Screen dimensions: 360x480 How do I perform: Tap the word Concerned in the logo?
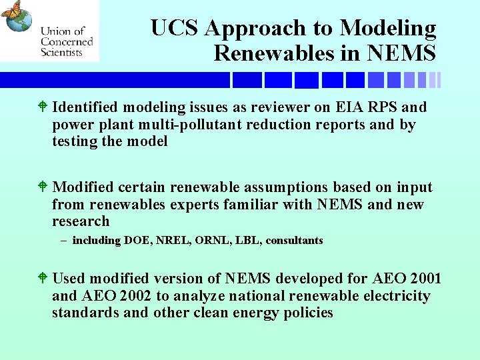tap(67, 41)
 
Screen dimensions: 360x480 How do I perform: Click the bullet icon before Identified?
tap(43, 107)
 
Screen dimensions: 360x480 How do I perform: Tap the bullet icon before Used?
tap(43, 278)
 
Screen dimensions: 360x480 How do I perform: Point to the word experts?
tap(193, 205)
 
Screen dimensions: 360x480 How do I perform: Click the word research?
tap(81, 221)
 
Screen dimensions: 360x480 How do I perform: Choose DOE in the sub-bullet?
tap(138, 241)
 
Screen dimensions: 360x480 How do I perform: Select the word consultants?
tap(294, 241)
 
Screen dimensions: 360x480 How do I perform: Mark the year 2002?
tap(139, 296)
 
